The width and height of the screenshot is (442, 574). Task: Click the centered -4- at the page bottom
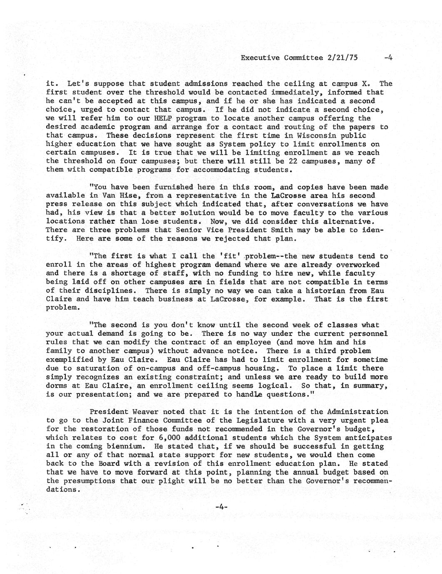pyautogui.click(x=221, y=507)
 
